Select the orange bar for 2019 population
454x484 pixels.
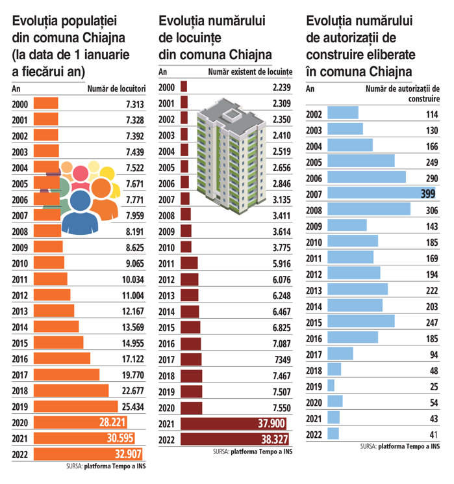tap(71, 406)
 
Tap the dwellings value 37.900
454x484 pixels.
tap(270, 424)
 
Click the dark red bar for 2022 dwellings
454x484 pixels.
tap(234, 439)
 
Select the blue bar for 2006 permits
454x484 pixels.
tap(366, 177)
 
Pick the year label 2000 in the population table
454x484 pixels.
tap(21, 103)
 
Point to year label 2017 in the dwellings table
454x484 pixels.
tap(168, 360)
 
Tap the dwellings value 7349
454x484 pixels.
tap(279, 360)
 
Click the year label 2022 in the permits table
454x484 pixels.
tap(315, 433)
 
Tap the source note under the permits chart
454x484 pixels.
tap(400, 446)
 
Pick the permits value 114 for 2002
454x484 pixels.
tap(431, 114)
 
